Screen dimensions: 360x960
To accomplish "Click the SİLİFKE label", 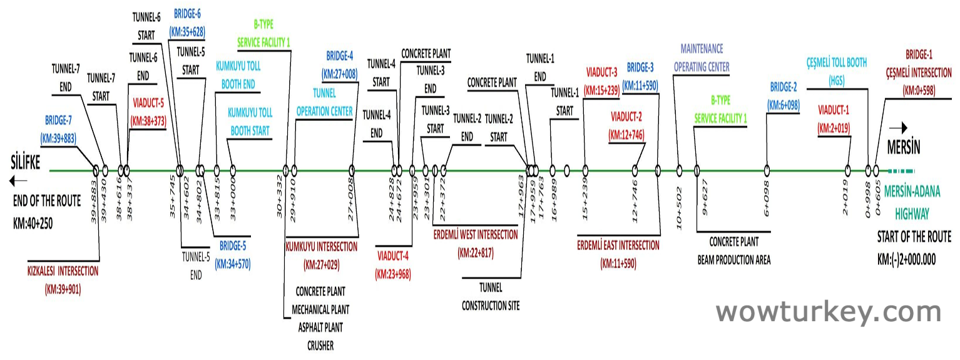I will [26, 163].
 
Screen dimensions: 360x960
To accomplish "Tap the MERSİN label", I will [904, 148].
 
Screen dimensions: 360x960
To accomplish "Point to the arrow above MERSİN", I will [898, 128].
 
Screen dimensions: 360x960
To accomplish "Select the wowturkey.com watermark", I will [829, 311].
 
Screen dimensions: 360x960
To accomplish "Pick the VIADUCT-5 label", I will [149, 103].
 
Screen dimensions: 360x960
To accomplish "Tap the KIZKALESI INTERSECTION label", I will [63, 272].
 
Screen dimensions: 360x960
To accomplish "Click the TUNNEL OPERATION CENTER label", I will [324, 103].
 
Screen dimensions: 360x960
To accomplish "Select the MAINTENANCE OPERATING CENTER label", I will [702, 58].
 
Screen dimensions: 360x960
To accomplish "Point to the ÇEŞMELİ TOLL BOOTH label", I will [837, 63].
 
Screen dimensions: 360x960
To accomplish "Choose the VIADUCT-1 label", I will [834, 111].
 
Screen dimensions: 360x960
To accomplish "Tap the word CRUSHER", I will [320, 345].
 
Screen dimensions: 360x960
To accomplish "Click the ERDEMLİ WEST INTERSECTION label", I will [476, 235].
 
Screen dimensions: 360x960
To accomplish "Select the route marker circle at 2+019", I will [847, 170].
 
